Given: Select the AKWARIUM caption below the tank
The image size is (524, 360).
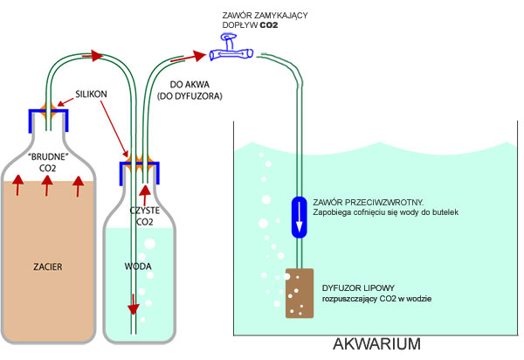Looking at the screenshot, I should pyautogui.click(x=377, y=344).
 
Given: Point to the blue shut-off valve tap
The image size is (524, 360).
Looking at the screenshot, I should pyautogui.click(x=231, y=54).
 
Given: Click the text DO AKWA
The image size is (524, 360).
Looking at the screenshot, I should pyautogui.click(x=179, y=86).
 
